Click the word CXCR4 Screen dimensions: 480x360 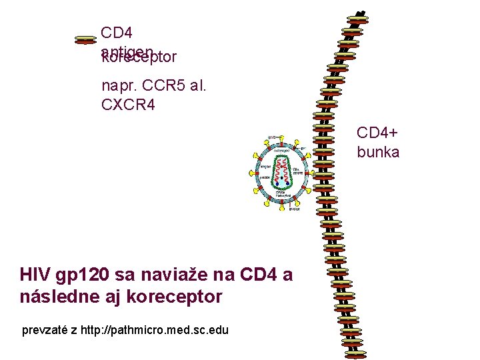(x=128, y=104)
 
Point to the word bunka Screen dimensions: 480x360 (x=378, y=152)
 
